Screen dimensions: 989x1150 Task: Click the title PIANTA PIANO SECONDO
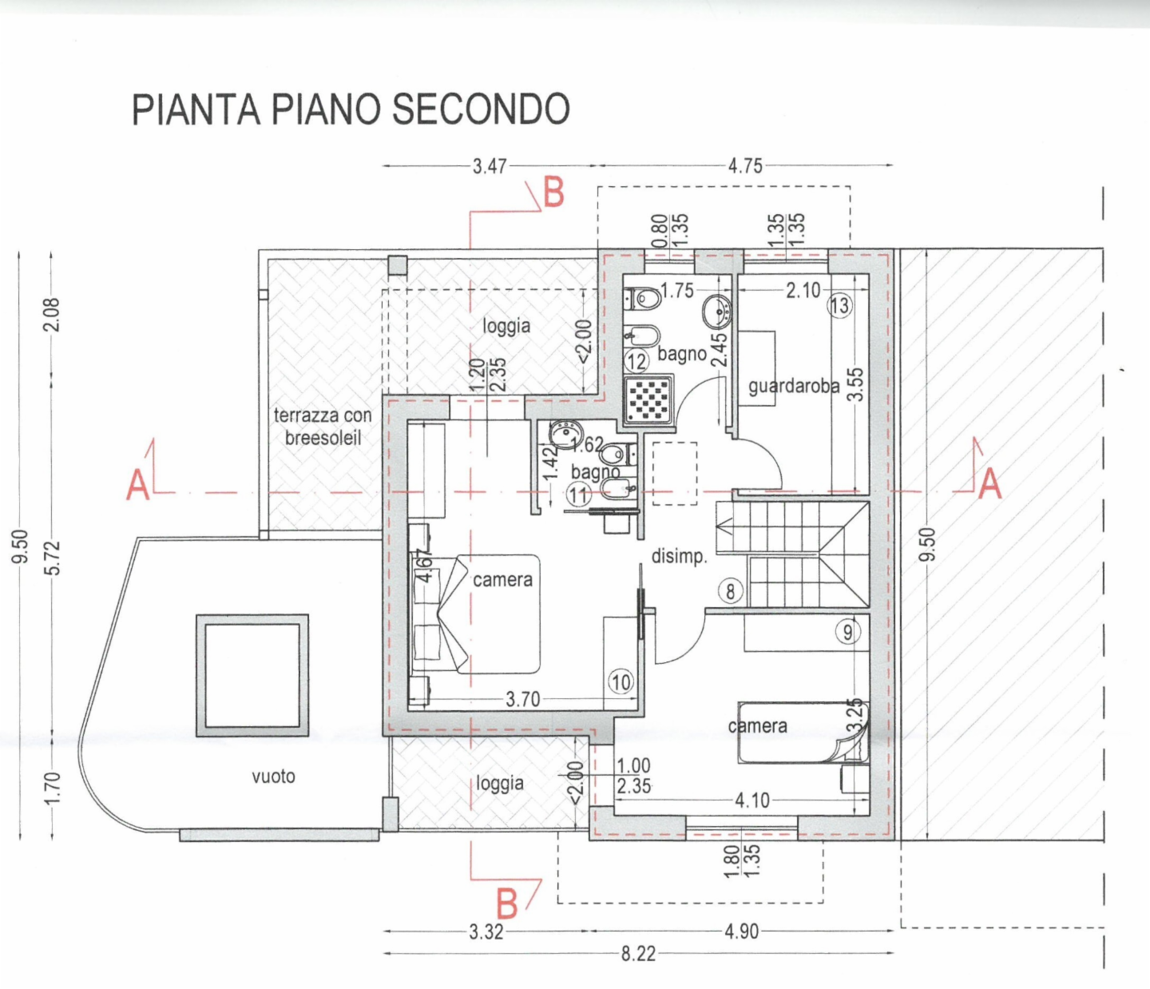(351, 109)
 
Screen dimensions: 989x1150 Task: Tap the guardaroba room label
(793, 387)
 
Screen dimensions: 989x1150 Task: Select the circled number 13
(839, 305)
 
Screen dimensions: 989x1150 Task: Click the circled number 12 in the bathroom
(636, 362)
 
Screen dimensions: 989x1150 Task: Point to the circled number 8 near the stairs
(730, 592)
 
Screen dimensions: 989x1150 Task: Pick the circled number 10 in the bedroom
(621, 682)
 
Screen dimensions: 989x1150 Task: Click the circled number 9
(847, 633)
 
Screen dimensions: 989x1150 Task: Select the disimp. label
(680, 556)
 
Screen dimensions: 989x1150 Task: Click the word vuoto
(273, 777)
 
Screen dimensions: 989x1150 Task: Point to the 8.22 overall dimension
(638, 953)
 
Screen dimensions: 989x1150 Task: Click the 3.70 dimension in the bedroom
(522, 700)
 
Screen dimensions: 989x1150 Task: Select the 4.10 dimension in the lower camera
(751, 800)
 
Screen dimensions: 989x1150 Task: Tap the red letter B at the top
(553, 193)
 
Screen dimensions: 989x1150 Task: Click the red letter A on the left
(138, 485)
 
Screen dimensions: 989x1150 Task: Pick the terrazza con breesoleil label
(323, 427)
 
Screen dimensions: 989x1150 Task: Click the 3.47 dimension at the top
(489, 166)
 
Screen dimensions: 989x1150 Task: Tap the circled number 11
(578, 495)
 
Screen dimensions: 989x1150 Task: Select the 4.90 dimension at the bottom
(741, 931)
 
